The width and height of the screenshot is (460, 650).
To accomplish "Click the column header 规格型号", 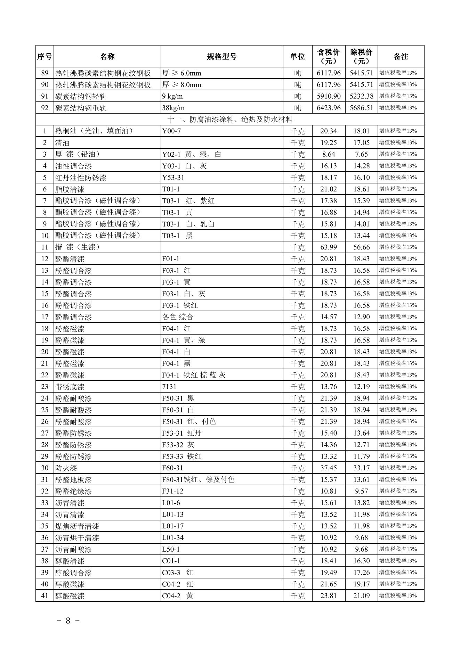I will tap(222, 56).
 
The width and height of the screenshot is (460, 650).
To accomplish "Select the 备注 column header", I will tap(401, 56).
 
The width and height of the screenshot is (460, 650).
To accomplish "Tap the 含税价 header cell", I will tap(328, 56).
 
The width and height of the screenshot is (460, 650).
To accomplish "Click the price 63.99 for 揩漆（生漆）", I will tap(328, 247).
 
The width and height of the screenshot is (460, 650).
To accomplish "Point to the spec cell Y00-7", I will tap(171, 131).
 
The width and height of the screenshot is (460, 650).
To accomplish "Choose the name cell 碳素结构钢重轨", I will tap(81, 108).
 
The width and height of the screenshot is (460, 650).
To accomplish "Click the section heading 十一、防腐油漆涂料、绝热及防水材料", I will tap(230, 120).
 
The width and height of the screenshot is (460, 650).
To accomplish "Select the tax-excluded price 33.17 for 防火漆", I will tap(361, 468).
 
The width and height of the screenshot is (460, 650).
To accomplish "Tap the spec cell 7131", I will tap(169, 387).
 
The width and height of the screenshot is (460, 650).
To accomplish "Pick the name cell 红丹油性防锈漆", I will tap(81, 178).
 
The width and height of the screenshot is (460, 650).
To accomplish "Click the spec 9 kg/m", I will tap(172, 96).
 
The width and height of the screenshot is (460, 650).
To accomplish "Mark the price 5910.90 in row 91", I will tap(328, 96).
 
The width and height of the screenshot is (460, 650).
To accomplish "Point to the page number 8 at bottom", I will tap(68, 620).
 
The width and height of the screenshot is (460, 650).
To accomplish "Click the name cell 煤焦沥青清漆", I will tap(77, 526).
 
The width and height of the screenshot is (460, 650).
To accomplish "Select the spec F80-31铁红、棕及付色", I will tap(198, 480).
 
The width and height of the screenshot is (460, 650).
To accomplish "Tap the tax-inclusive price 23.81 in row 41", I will tap(328, 596).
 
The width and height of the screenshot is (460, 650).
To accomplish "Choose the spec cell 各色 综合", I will tap(177, 317).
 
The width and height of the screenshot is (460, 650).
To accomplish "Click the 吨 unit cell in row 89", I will tap(297, 73).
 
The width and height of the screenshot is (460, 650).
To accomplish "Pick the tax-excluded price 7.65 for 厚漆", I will tap(361, 154).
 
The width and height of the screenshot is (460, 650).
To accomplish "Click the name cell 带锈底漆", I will tap(70, 387).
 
